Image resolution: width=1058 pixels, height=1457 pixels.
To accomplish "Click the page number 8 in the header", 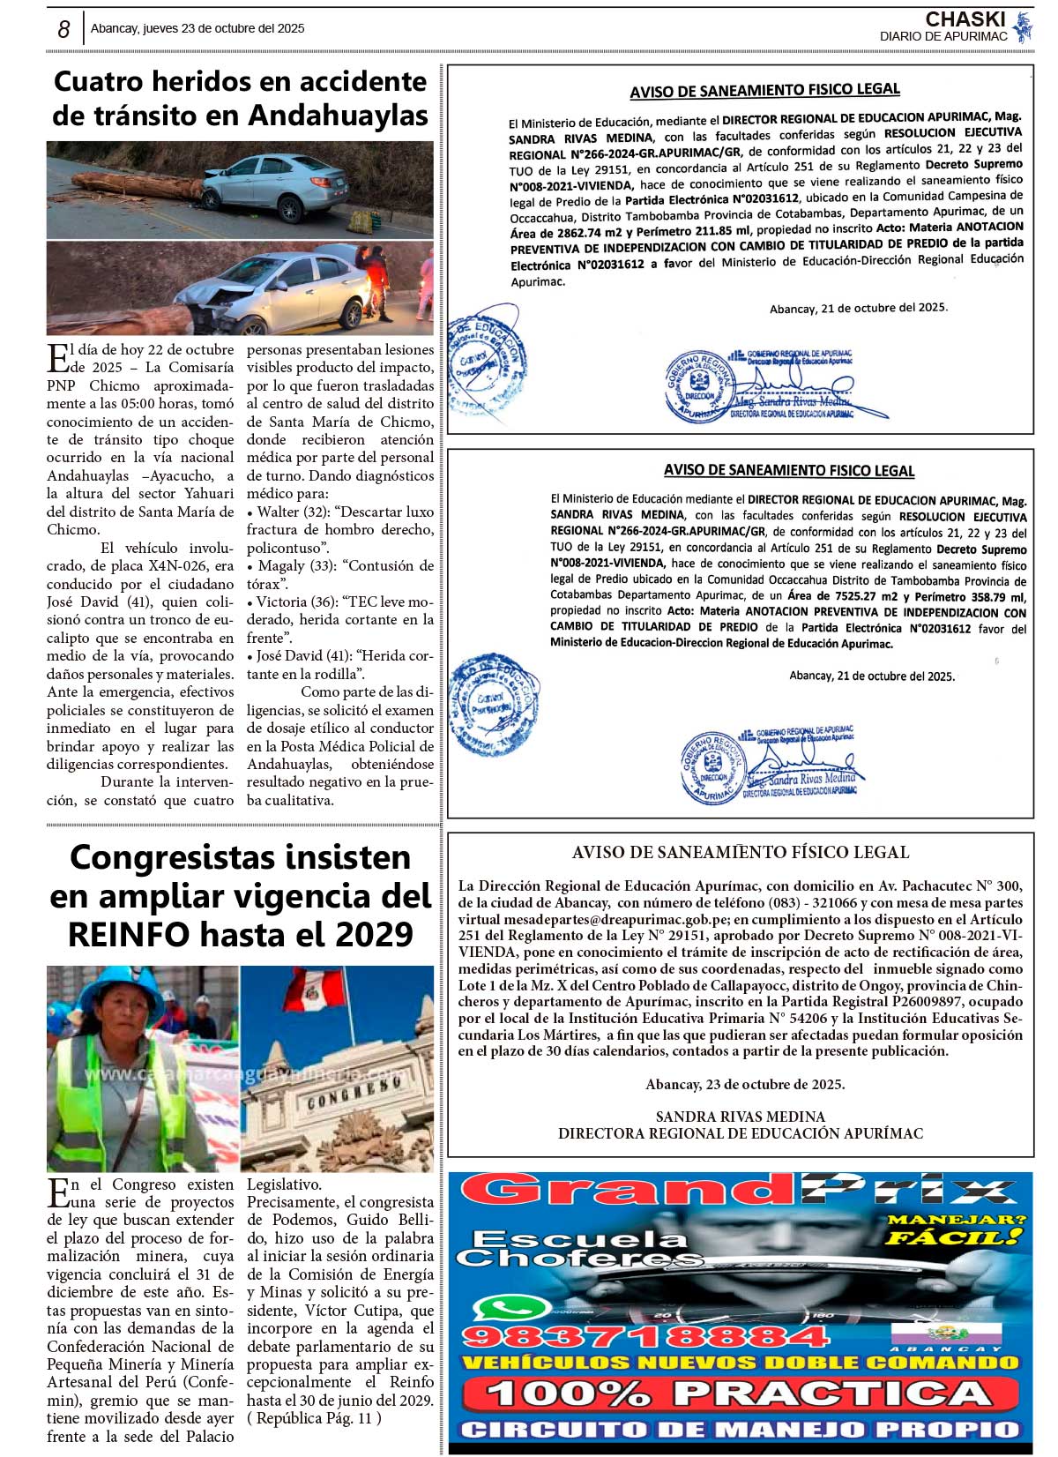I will point(63,29).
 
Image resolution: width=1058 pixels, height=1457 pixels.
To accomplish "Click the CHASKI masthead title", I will point(965,19).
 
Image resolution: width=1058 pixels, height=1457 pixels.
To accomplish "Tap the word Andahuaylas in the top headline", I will point(339,115).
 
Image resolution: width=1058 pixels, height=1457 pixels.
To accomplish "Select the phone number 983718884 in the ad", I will point(645,1337).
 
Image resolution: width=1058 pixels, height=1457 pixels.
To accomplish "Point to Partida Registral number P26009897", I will point(978,1002).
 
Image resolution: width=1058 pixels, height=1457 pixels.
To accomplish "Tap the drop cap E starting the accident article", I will point(57,357).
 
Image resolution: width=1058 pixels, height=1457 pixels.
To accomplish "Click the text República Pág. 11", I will point(316,1418).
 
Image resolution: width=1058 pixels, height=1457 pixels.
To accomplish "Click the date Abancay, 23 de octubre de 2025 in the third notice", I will point(744,1084).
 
